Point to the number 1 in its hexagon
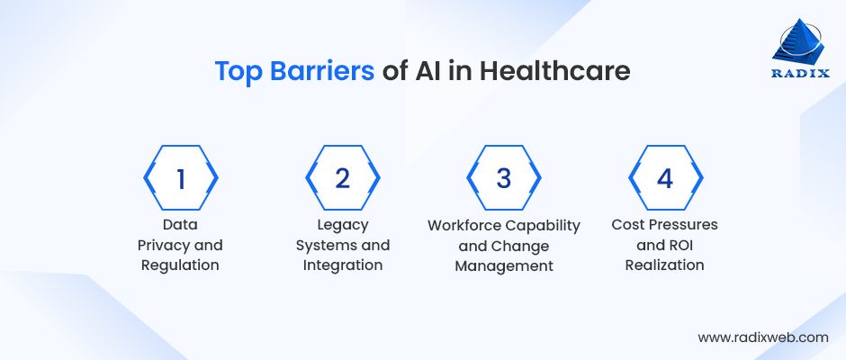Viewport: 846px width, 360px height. tap(180, 178)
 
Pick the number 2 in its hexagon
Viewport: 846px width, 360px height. tap(342, 178)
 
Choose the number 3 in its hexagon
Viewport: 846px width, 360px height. tap(503, 178)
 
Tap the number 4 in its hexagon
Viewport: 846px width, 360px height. tap(665, 178)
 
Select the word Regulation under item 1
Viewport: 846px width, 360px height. tap(181, 265)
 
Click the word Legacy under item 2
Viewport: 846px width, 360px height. tap(342, 224)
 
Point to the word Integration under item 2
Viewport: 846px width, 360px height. tap(342, 265)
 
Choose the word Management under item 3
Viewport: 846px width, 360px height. tap(503, 265)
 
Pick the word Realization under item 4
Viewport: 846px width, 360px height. tap(665, 265)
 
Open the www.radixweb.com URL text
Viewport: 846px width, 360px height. tap(762, 337)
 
